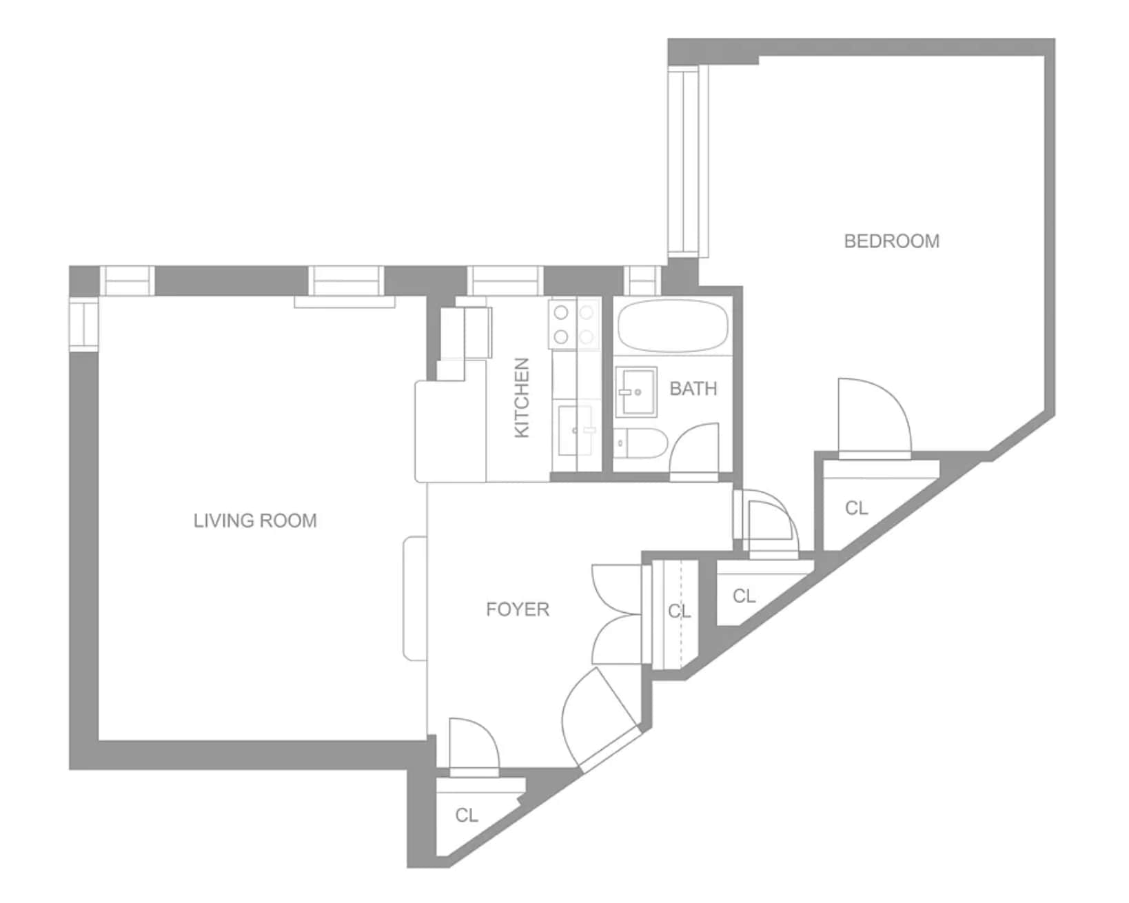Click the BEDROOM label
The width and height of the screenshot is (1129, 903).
(x=891, y=241)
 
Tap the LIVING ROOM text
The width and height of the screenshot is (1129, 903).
(x=255, y=520)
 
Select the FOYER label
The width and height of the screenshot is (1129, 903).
(x=517, y=609)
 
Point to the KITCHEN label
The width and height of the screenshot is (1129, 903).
(x=522, y=398)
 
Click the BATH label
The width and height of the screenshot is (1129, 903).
(x=693, y=388)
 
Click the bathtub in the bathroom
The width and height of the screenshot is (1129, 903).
(x=673, y=326)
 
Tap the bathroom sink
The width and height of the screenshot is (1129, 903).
(x=636, y=392)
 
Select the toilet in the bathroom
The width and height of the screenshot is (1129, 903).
(x=640, y=443)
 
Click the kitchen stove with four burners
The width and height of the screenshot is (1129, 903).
(x=574, y=324)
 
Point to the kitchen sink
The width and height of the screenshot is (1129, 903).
(x=576, y=430)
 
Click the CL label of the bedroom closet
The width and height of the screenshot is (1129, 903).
(x=856, y=507)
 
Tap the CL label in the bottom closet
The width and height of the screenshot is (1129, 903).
(x=467, y=815)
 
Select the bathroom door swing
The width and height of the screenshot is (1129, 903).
(x=693, y=452)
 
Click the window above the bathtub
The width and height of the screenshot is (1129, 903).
(x=642, y=281)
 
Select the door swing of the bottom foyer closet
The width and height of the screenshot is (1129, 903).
(x=474, y=747)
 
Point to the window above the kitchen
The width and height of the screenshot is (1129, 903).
(x=505, y=281)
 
